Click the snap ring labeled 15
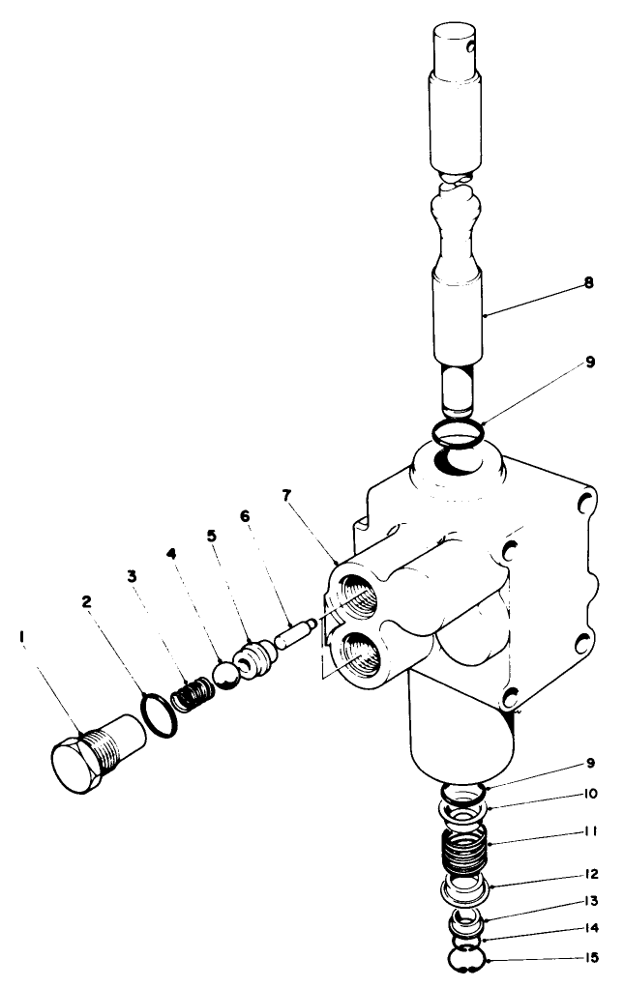466,960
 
